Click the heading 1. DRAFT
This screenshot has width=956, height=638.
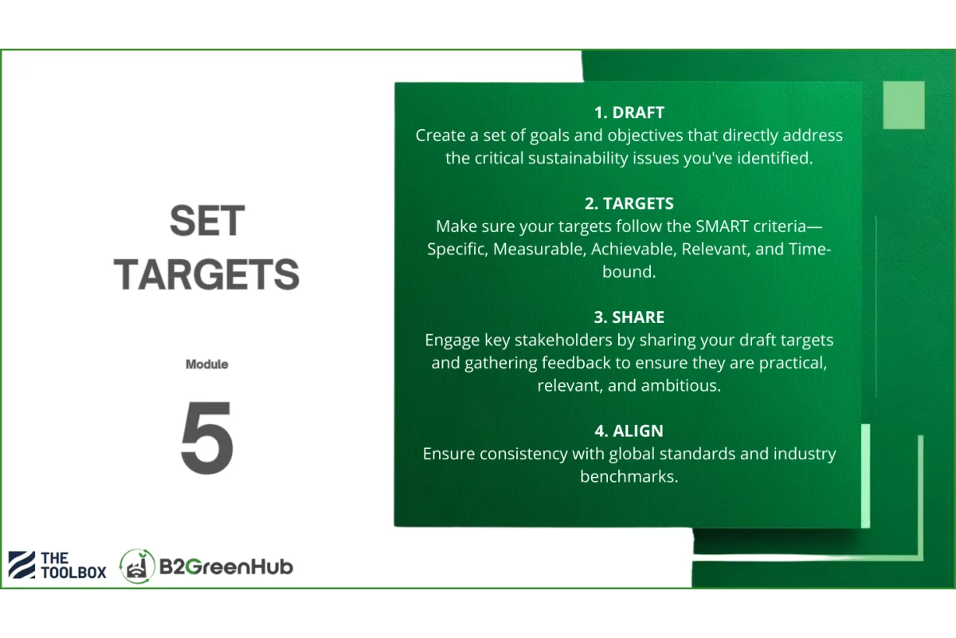tap(629, 112)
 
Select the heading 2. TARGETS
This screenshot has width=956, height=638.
tap(629, 203)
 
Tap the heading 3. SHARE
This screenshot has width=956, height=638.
tap(629, 317)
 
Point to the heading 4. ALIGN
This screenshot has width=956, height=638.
tap(629, 431)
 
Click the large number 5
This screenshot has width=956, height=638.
tap(207, 437)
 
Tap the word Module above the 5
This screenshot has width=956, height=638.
tap(207, 364)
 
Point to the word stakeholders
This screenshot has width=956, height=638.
tap(563, 340)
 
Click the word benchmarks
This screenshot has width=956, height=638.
tap(629, 476)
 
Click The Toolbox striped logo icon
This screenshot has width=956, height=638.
tap(22, 565)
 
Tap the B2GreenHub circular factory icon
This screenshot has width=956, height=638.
tap(137, 566)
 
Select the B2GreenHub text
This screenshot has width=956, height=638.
tap(226, 567)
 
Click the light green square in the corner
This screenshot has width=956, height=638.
tap(904, 104)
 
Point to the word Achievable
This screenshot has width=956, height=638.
tap(634, 249)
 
